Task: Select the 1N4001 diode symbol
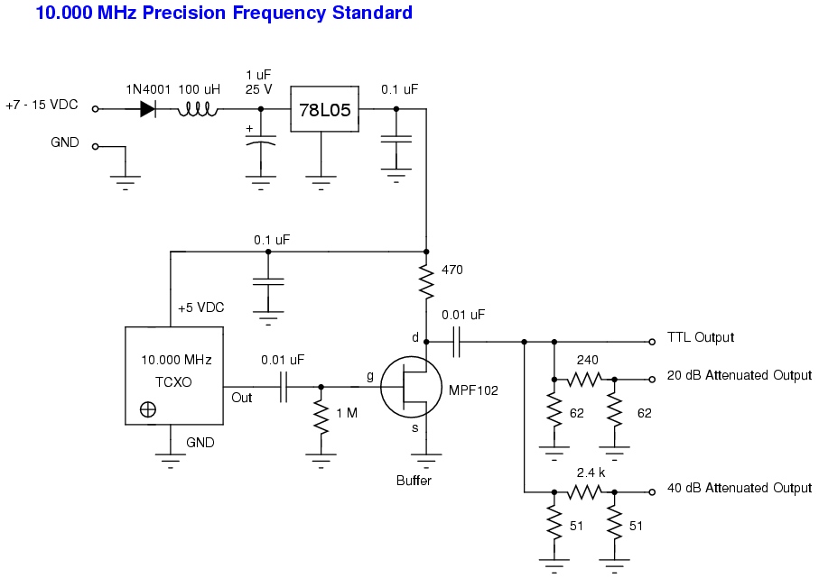click(147, 109)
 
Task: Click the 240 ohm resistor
click(584, 380)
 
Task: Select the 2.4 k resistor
click(584, 492)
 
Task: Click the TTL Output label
click(701, 338)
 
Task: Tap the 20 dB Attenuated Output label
click(740, 375)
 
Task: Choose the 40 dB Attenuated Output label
click(740, 488)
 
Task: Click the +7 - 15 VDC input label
click(42, 105)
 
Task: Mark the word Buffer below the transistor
click(414, 481)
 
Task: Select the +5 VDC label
click(200, 307)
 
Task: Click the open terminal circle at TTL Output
click(651, 342)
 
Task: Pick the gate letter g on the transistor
click(368, 375)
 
